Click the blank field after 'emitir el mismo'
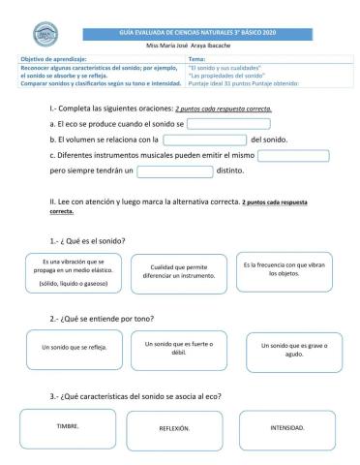tap(295, 155)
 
